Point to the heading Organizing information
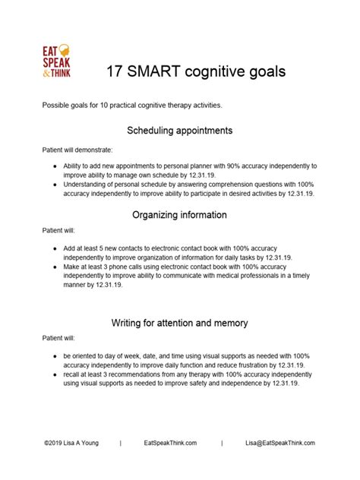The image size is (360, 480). click(x=179, y=215)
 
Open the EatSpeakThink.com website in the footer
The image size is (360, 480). click(x=170, y=442)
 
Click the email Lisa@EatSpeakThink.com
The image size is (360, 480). click(x=279, y=442)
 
